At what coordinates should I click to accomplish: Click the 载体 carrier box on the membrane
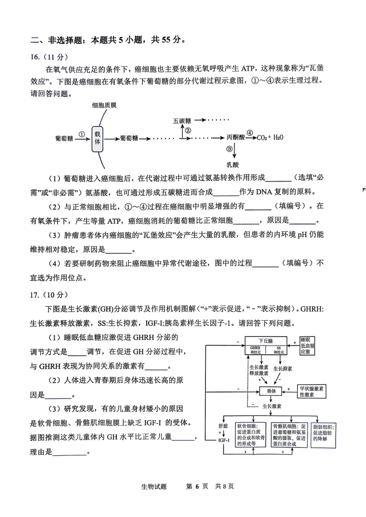point(98,138)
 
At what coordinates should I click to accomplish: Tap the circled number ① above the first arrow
point(82,134)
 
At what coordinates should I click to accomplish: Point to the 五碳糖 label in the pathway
point(182,121)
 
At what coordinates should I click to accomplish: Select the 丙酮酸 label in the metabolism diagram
point(236,137)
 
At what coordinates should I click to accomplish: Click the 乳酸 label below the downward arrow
point(232,165)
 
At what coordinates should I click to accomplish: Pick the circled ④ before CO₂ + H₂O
point(250,133)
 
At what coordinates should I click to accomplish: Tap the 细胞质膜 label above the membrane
point(104,105)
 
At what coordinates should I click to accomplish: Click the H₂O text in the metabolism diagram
point(278,137)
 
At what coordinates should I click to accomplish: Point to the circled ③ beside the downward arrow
point(229,149)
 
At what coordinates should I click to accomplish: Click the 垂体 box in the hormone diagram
point(271,391)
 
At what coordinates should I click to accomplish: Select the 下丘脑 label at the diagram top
point(266,341)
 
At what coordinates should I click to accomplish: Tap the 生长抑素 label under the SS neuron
point(283,369)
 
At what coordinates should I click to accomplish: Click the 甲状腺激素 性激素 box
point(311,391)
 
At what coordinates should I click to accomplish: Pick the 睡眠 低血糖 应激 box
point(307,346)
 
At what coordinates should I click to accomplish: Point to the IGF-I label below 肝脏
point(224,440)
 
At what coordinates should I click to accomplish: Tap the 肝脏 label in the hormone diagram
point(223,426)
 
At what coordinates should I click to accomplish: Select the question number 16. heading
point(35,57)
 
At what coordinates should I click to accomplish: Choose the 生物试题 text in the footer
point(154,487)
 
